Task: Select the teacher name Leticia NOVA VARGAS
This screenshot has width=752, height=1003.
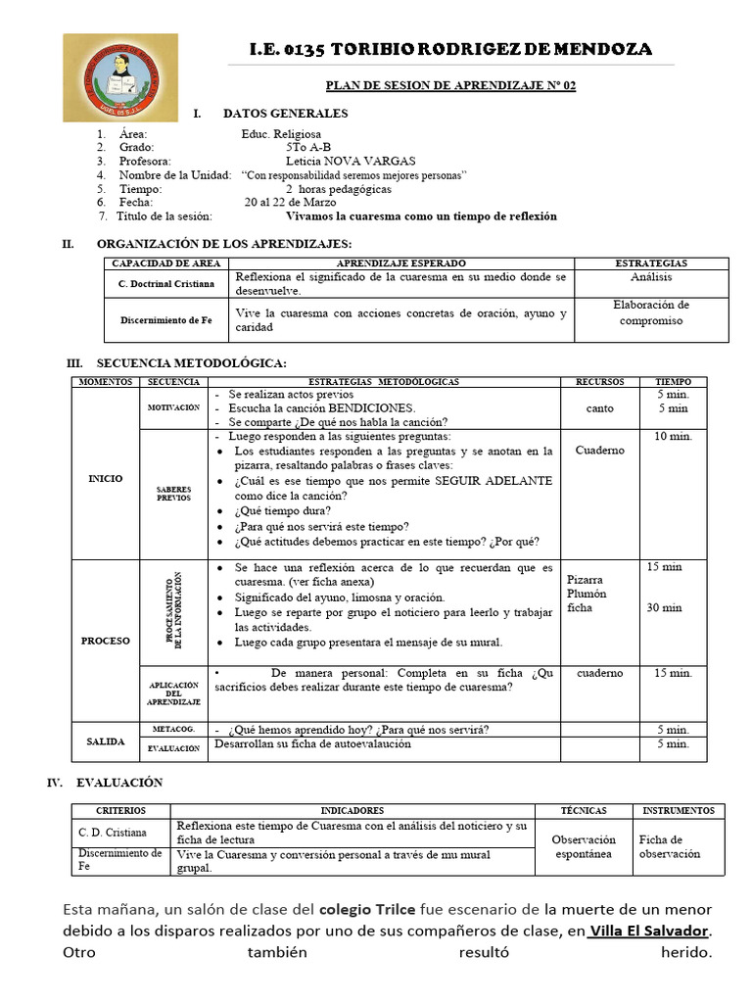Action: point(350,161)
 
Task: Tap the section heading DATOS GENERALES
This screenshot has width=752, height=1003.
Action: point(285,114)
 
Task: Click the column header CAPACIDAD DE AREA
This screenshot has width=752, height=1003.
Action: point(166,264)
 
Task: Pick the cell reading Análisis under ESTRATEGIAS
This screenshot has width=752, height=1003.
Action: point(651,277)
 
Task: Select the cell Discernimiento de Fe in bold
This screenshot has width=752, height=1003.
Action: point(166,320)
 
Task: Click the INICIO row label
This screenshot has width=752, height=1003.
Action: point(107,479)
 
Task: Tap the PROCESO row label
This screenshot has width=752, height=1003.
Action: point(107,641)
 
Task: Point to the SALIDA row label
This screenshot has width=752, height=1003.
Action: point(107,742)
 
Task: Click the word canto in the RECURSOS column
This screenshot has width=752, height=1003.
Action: point(600,407)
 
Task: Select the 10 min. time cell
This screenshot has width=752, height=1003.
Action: point(673,436)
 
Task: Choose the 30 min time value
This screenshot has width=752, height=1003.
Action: point(664,607)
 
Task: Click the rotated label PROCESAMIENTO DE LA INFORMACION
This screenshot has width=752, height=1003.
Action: point(173,610)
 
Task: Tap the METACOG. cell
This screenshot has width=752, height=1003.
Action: point(173,730)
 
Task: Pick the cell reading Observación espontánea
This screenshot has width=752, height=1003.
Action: point(584,846)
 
